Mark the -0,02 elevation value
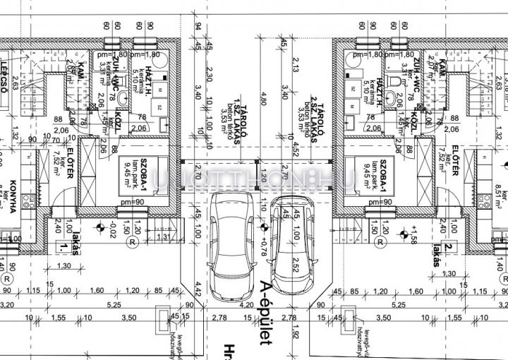coord(113,229)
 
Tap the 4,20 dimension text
coord(247,306)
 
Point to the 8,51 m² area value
coord(502,186)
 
